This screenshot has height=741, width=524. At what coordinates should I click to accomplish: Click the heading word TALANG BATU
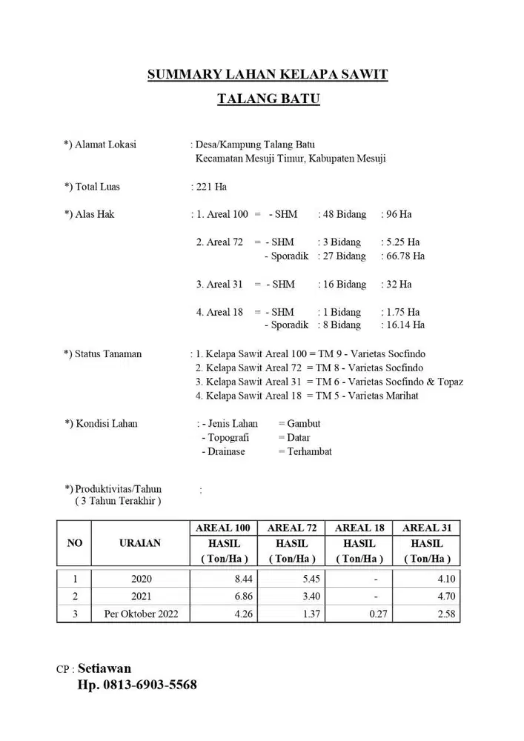pos(268,99)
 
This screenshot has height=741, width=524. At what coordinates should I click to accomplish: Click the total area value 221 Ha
pos(210,187)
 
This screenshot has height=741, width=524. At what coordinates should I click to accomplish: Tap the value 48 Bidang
pos(342,214)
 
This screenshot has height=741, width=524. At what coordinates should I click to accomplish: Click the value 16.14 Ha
pos(402,325)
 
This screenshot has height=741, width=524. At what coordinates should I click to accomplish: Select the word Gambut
pos(304,424)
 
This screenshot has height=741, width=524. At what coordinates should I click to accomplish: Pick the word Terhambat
pos(309,451)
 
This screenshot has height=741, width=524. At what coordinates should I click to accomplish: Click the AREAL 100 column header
pos(222,528)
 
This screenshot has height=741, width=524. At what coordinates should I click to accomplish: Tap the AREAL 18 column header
pos(359,528)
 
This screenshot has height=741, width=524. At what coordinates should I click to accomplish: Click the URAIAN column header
pos(139,543)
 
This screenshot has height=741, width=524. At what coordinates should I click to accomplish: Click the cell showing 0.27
pos(374,614)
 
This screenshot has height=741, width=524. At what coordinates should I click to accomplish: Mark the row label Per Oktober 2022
pos(140,614)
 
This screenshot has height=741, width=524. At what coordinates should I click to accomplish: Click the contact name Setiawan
pos(105,668)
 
